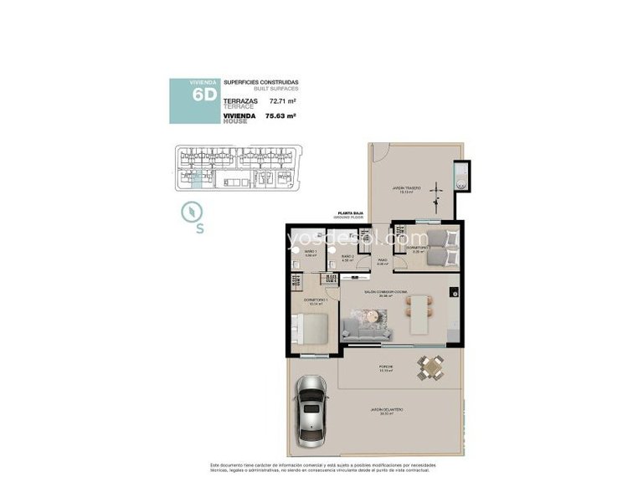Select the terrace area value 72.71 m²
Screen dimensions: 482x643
pyautogui.click(x=283, y=100)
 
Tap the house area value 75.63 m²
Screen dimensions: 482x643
pyautogui.click(x=280, y=116)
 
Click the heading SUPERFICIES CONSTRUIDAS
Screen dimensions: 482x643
pyautogui.click(x=260, y=82)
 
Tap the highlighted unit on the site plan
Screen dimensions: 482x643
pyautogui.click(x=195, y=178)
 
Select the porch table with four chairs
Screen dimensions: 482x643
pyautogui.click(x=431, y=367)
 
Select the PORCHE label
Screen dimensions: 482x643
pyautogui.click(x=385, y=367)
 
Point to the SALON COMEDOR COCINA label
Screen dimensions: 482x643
pyautogui.click(x=385, y=292)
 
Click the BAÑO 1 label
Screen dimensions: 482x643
pyautogui.click(x=310, y=251)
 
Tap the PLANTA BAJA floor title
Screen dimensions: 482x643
pyautogui.click(x=349, y=214)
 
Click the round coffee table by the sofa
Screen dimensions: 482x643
pyautogui.click(x=370, y=315)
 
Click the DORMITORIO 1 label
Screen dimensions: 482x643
pyautogui.click(x=314, y=301)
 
